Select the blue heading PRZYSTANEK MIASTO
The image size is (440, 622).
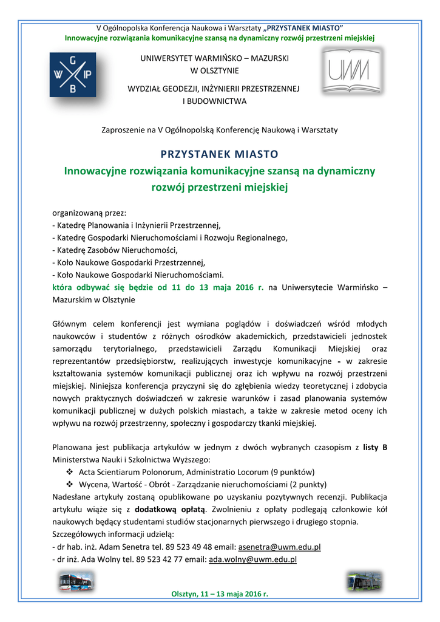tap(219, 153)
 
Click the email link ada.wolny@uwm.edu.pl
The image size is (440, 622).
tap(252, 559)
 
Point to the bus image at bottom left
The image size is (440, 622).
tap(76, 583)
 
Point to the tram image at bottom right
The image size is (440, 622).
tap(364, 582)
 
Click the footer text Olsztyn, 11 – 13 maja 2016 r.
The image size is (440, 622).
tap(220, 593)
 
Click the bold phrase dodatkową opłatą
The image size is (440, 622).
tap(171, 510)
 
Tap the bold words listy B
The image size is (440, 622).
tap(376, 448)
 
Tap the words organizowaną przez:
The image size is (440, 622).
tap(90, 213)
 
